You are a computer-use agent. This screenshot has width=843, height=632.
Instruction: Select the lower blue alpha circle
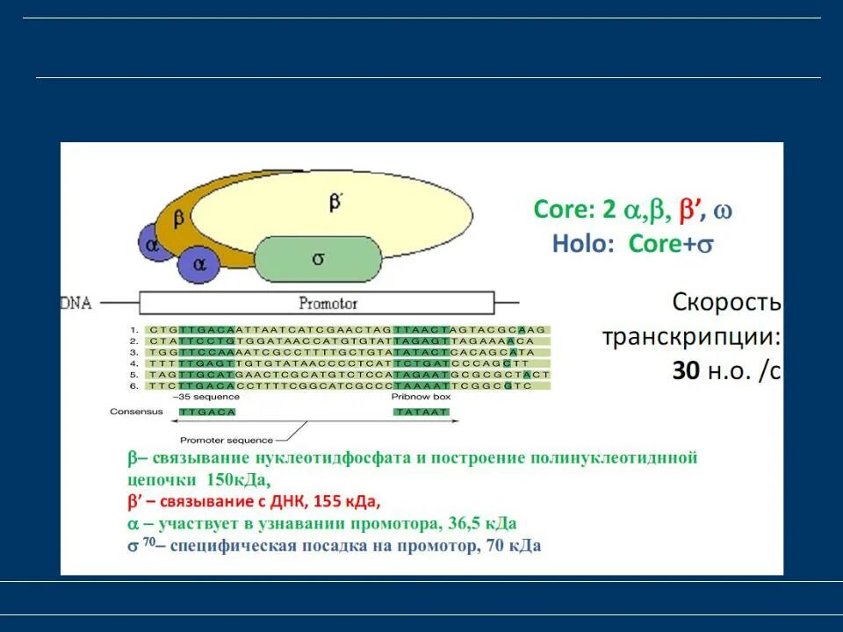199,262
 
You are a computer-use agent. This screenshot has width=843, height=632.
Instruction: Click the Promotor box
316,304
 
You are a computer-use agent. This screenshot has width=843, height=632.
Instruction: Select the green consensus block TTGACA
207,412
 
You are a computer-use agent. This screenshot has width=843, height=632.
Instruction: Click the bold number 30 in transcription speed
686,371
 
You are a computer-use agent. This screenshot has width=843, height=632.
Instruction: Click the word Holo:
584,243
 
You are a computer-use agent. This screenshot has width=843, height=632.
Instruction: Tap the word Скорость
726,303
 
